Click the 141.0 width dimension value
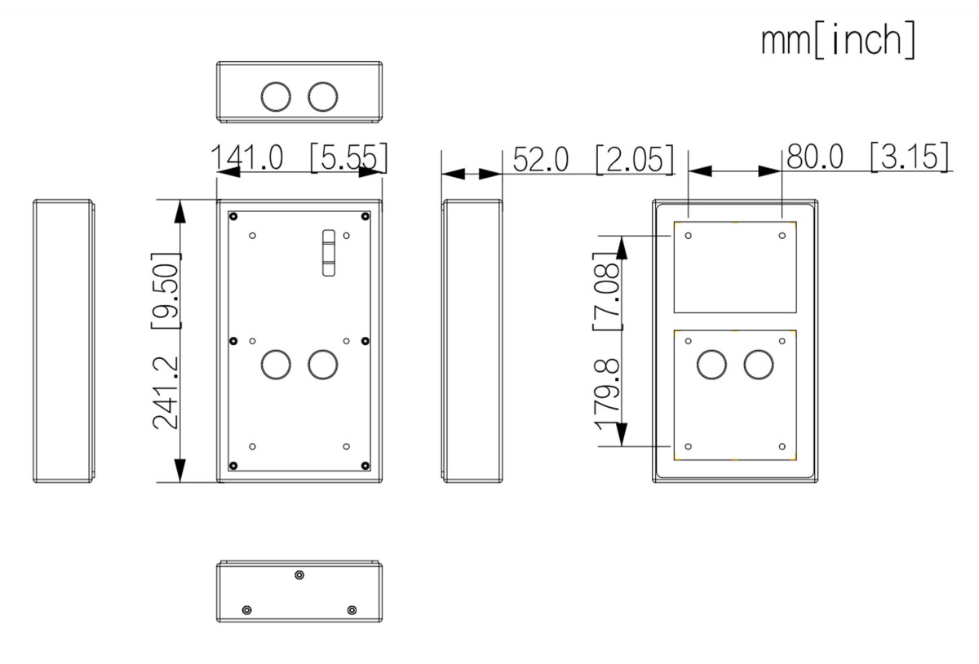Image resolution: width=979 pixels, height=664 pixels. tap(247, 158)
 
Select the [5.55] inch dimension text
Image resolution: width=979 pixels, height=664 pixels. tap(348, 158)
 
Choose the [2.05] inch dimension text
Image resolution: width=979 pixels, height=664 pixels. tap(635, 159)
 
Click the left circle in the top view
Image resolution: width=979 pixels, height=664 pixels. tap(275, 96)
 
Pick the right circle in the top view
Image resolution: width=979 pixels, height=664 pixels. tap(322, 96)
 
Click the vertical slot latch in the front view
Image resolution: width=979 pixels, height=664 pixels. tap(328, 252)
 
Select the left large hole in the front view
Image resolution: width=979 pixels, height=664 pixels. tap(275, 364)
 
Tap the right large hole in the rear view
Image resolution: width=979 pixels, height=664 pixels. tap(758, 364)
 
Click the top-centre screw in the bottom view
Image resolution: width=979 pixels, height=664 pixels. tap(299, 575)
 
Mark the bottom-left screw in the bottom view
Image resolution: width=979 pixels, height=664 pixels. tap(247, 610)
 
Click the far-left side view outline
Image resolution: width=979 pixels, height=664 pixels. tap(64, 340)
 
